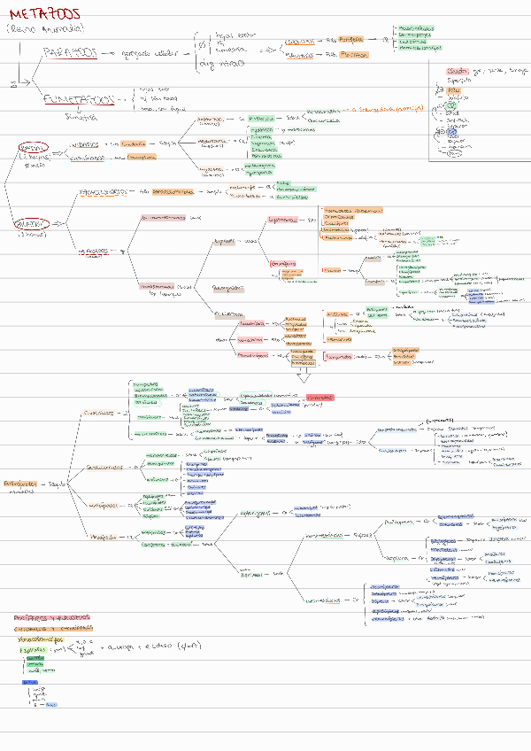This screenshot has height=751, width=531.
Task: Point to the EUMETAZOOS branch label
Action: click(81, 101)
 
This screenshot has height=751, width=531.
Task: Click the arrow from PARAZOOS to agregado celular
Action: click(109, 55)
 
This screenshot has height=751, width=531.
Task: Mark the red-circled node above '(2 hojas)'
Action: click(33, 146)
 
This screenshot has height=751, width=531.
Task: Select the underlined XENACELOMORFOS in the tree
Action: click(100, 191)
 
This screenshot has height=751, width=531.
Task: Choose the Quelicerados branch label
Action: click(104, 413)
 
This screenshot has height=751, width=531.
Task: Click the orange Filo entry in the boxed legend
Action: click(453, 89)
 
